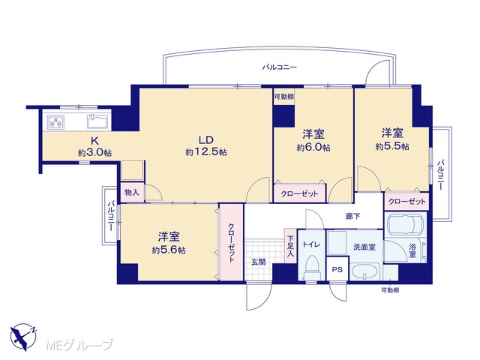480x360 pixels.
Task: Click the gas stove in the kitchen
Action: click(x=55, y=122)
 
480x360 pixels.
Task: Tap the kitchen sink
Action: click(x=97, y=121)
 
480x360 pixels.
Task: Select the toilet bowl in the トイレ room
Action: click(x=312, y=267)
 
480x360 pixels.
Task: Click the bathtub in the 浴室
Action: click(x=405, y=225)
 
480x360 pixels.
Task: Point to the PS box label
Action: click(x=337, y=270)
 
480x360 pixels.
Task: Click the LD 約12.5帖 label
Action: click(x=206, y=145)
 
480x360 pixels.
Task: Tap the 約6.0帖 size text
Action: click(x=313, y=148)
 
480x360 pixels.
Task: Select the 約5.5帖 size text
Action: click(x=392, y=147)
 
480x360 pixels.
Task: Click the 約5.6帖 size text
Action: click(x=169, y=250)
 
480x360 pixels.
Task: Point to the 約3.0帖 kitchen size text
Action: click(x=94, y=152)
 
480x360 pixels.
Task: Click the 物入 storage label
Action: click(x=132, y=193)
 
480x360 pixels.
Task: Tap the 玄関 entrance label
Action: click(x=258, y=262)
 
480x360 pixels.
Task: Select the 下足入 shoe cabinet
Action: click(x=290, y=246)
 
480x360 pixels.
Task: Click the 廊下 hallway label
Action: click(x=352, y=217)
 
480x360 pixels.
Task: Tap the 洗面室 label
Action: click(x=364, y=247)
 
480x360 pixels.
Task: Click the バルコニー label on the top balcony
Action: click(x=280, y=67)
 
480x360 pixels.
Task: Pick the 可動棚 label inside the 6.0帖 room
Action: click(x=283, y=97)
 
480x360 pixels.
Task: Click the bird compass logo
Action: click(x=23, y=337)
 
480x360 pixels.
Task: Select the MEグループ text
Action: click(x=79, y=345)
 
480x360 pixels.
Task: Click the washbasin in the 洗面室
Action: click(x=365, y=271)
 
